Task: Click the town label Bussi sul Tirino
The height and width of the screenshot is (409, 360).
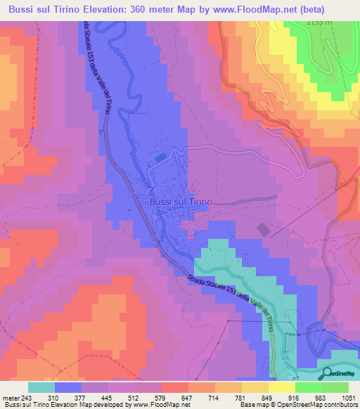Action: [x=181, y=200]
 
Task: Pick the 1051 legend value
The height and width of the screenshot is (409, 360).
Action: [x=347, y=398]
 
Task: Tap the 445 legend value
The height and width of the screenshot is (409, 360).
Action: [x=107, y=398]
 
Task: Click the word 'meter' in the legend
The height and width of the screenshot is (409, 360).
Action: [x=11, y=398]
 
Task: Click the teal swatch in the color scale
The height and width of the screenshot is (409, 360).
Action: [x=41, y=387]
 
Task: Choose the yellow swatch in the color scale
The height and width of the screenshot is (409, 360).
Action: [x=281, y=387]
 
